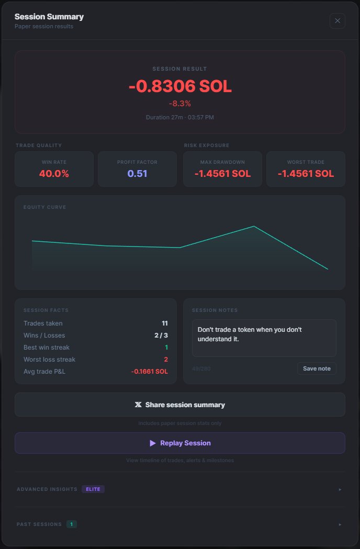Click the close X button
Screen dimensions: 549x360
pos(337,21)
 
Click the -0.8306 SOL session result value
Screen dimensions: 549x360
pos(180,86)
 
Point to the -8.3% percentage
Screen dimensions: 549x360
pos(180,104)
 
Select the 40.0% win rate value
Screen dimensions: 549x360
pos(54,174)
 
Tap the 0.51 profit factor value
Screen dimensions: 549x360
pos(138,174)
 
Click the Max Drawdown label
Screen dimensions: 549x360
pos(222,162)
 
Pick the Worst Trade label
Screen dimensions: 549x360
pos(306,162)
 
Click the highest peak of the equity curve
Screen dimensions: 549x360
pos(254,226)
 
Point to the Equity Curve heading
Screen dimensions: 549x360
pos(45,207)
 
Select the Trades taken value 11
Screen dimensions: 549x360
pos(164,323)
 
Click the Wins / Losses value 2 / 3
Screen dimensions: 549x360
pos(162,335)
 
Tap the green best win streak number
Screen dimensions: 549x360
pos(166,348)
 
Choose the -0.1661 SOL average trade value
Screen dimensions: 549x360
pos(150,372)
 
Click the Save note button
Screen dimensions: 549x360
pos(317,368)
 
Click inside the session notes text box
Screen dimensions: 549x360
pos(264,338)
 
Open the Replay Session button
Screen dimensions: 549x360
pos(180,443)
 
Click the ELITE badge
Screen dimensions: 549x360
pos(93,489)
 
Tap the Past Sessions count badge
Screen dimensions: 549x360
pos(72,524)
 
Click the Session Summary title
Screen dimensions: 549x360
pos(49,17)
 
